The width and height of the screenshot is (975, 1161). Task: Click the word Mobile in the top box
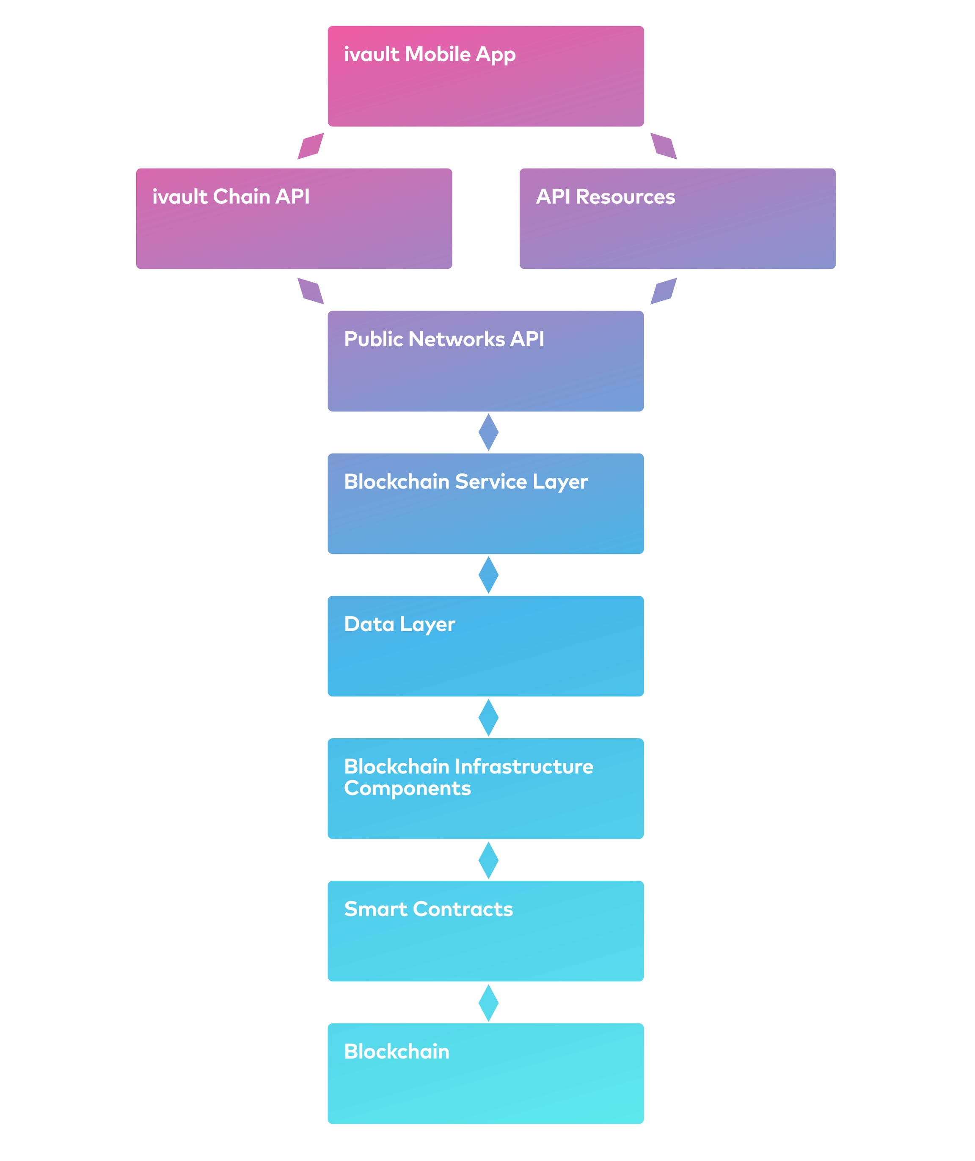[x=438, y=54]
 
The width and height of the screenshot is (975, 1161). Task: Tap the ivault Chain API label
[x=231, y=197]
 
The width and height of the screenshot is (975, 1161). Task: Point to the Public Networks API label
[x=443, y=339]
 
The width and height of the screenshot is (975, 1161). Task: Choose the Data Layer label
[x=399, y=624]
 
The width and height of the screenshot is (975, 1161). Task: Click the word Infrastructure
[x=524, y=767]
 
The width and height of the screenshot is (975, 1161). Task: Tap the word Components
[x=407, y=788]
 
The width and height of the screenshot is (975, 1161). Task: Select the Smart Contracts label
[x=428, y=909]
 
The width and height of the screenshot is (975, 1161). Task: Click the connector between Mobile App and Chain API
[x=310, y=146]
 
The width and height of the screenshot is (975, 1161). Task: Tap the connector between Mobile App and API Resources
[x=664, y=146]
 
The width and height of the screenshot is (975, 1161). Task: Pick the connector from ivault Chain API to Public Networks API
[x=310, y=291]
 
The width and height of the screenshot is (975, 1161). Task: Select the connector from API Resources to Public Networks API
[x=664, y=291]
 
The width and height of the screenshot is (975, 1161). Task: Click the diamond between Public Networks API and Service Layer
[x=488, y=432]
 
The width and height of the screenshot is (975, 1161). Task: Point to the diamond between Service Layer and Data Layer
[x=488, y=575]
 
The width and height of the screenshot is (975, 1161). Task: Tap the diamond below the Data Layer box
[x=488, y=718]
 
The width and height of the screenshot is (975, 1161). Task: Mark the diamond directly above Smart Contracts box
[x=488, y=860]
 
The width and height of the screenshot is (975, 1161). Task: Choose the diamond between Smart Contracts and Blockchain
[x=488, y=1003]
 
